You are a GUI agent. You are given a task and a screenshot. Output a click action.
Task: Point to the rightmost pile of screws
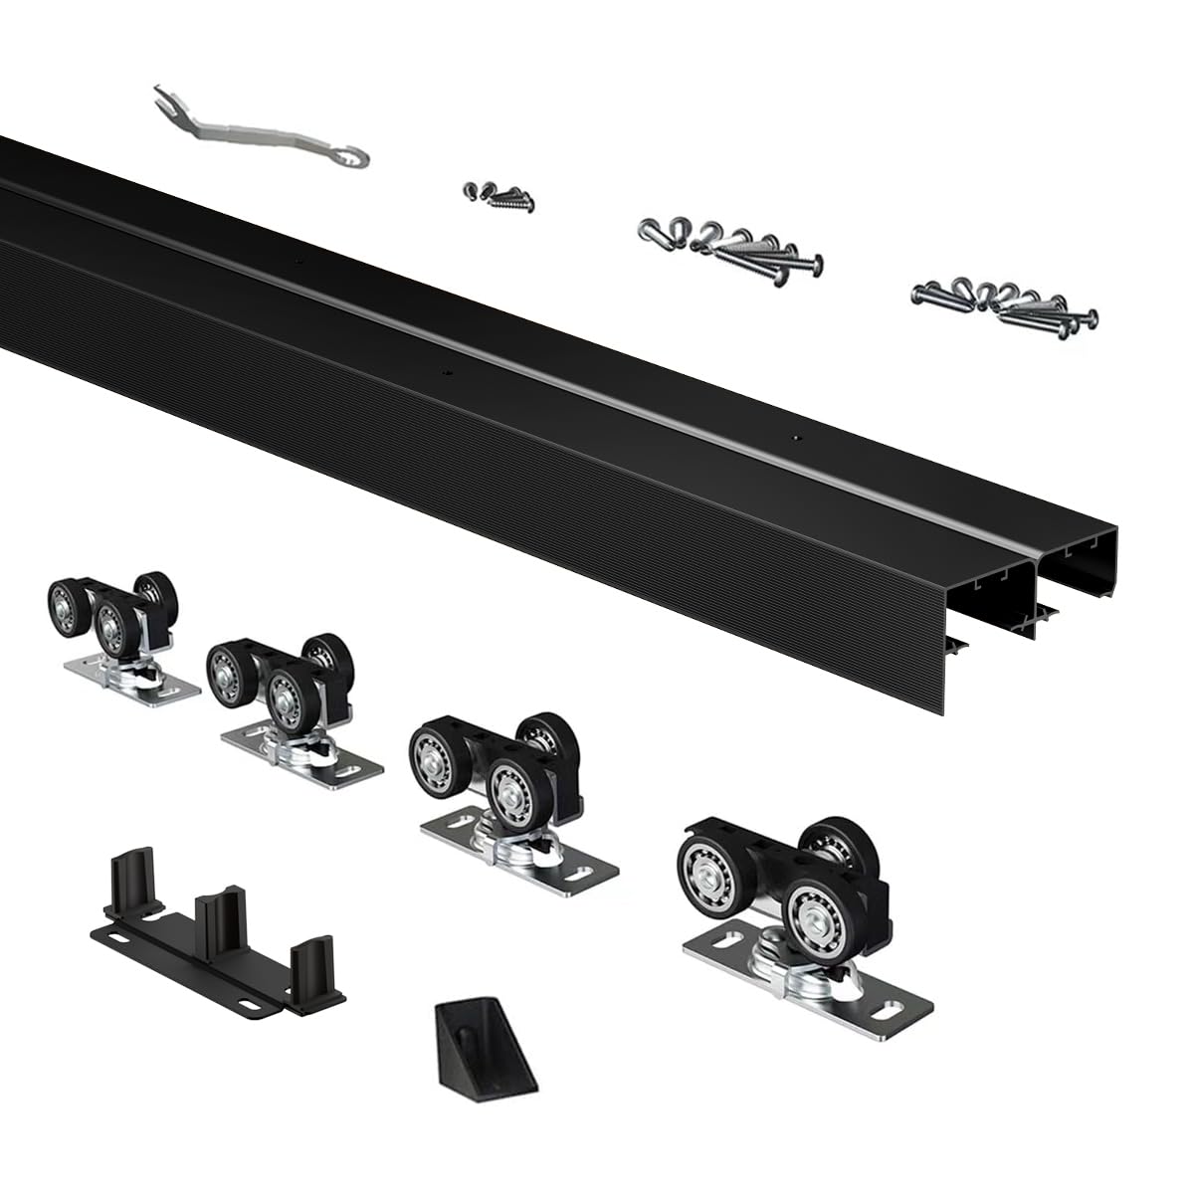[x=1005, y=302]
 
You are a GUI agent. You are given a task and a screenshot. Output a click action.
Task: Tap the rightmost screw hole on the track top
[x=794, y=438]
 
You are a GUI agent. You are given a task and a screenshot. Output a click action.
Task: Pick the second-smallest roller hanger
[x=289, y=711]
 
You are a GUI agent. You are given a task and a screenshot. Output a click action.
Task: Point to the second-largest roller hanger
[x=507, y=801]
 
